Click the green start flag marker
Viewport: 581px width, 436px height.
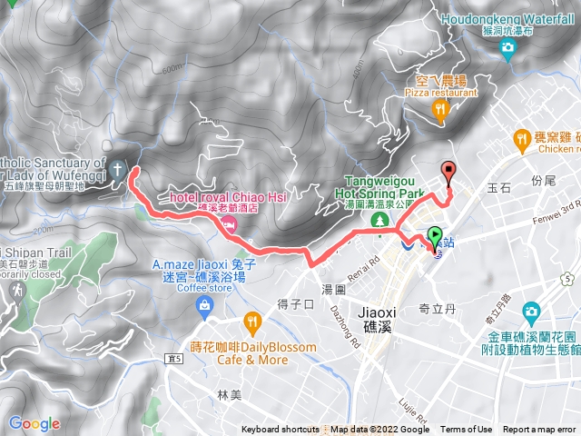coord(433,235)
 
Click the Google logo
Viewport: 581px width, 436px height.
coord(34,423)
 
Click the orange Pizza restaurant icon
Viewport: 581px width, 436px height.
coord(440,111)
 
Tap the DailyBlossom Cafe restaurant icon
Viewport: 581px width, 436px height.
coord(251,322)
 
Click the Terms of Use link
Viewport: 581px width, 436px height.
coord(466,430)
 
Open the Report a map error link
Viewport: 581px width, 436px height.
coord(539,430)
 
